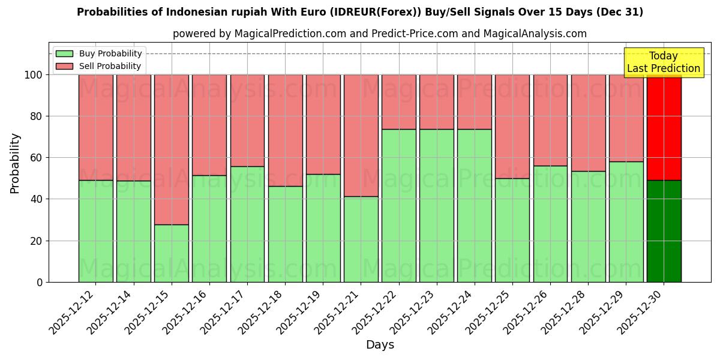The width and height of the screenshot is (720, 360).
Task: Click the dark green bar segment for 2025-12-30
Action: [664, 231]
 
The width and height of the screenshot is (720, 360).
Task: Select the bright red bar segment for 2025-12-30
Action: [664, 127]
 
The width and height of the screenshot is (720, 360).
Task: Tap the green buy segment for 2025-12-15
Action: [171, 253]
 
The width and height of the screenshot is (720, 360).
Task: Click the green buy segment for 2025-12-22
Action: [398, 205]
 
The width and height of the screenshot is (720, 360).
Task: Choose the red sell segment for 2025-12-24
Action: [474, 102]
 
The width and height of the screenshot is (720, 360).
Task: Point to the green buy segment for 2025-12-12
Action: [95, 231]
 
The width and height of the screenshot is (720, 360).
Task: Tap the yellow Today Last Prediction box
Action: [663, 62]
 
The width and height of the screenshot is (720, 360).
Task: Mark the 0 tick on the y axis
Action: [40, 282]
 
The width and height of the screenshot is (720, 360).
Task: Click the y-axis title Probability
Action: [15, 163]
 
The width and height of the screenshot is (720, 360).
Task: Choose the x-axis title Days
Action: [380, 345]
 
